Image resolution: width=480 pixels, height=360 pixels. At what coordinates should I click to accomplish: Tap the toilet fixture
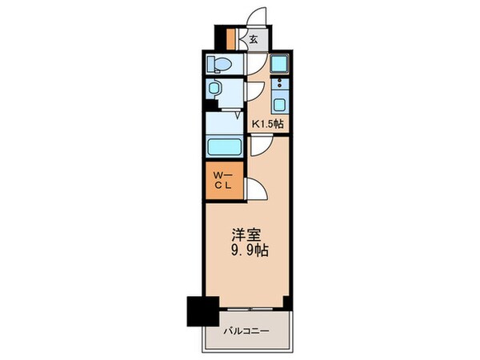[219, 63]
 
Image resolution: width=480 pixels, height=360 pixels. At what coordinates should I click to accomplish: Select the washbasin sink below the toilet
[216, 90]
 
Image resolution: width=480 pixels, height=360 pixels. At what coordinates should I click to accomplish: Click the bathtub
[225, 147]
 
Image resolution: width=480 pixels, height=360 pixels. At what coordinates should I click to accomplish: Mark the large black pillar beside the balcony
[202, 310]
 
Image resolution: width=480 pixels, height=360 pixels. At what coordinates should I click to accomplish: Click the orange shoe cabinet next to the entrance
[230, 38]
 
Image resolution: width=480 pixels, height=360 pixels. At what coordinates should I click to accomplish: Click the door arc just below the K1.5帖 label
[260, 145]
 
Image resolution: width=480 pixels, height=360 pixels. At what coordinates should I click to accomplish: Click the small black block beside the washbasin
[209, 104]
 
